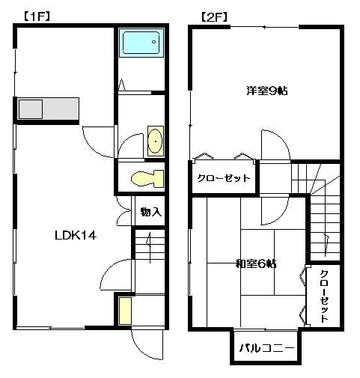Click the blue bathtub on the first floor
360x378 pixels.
coord(141,43)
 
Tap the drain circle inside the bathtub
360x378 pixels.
coord(153,42)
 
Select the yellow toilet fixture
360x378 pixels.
coord(147,179)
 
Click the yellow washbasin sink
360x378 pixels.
coord(156,141)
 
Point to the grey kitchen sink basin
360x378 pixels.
coord(31,109)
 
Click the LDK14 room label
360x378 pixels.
coord(76,236)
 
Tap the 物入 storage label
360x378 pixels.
coord(151,212)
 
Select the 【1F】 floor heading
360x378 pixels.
coord(37,16)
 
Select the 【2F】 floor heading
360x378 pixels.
coord(214,17)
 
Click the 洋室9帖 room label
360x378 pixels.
coord(267,91)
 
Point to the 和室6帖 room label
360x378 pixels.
coord(256,263)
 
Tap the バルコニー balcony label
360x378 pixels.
coord(266,347)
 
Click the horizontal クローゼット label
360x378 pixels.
coord(224,178)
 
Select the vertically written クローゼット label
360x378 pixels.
coord(323,296)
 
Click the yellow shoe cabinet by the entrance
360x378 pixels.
coord(125,311)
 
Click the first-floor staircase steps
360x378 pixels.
coord(150,245)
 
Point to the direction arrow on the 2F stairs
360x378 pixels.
coord(326,245)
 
